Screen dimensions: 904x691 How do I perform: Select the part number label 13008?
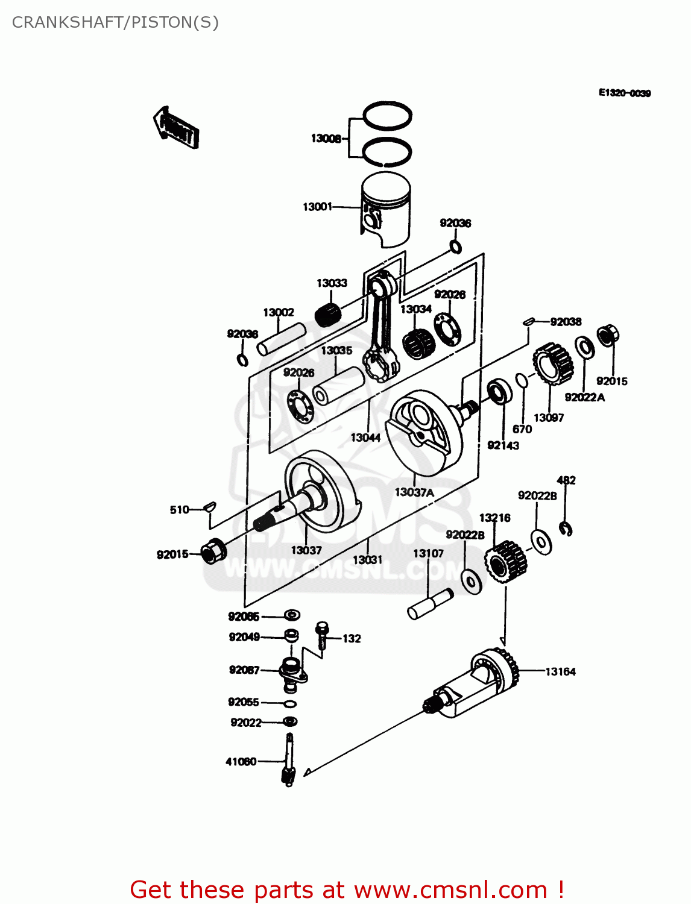click(326, 139)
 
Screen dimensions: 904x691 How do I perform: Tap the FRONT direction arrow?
click(175, 128)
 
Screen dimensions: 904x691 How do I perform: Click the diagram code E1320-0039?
click(624, 93)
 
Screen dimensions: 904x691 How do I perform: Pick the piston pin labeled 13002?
click(282, 340)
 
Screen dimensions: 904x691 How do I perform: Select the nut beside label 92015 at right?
click(608, 335)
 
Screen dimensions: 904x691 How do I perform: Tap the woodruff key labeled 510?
click(209, 506)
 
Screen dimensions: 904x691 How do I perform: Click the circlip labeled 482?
click(566, 529)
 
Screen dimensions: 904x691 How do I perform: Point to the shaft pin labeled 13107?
click(430, 603)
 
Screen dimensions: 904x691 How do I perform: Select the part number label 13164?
click(560, 671)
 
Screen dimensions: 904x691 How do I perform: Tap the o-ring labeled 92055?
click(290, 703)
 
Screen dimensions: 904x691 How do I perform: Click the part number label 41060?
click(241, 762)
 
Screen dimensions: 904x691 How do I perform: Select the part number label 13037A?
click(414, 492)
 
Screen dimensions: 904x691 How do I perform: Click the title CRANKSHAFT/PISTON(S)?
click(115, 22)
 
